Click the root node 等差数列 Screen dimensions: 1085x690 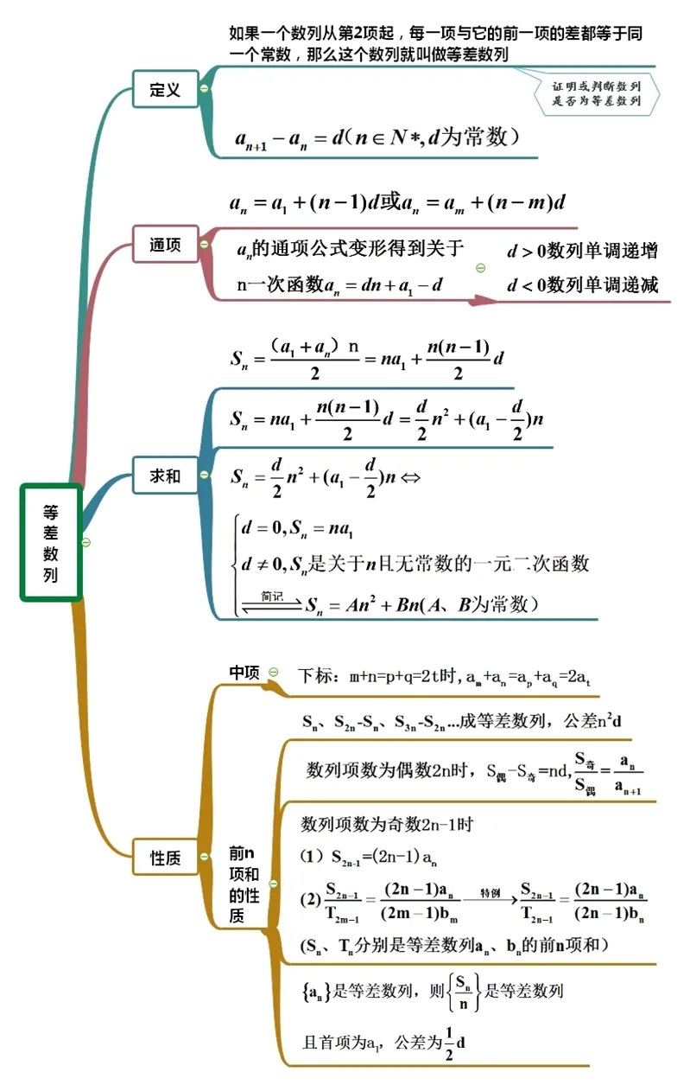51,542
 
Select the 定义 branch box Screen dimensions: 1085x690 165,89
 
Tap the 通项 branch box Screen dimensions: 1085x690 165,245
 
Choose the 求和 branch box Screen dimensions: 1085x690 165,475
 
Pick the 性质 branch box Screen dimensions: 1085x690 165,858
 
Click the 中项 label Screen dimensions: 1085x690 244,673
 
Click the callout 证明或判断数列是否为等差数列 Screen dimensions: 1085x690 596,93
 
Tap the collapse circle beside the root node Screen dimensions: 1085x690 85,542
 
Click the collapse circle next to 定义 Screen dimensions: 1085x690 204,89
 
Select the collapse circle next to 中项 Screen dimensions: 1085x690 273,672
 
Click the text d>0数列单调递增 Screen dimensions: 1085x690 582,252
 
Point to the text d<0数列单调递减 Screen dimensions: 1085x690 582,284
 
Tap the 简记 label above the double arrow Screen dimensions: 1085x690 272,596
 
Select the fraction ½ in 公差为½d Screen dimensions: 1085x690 448,1042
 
